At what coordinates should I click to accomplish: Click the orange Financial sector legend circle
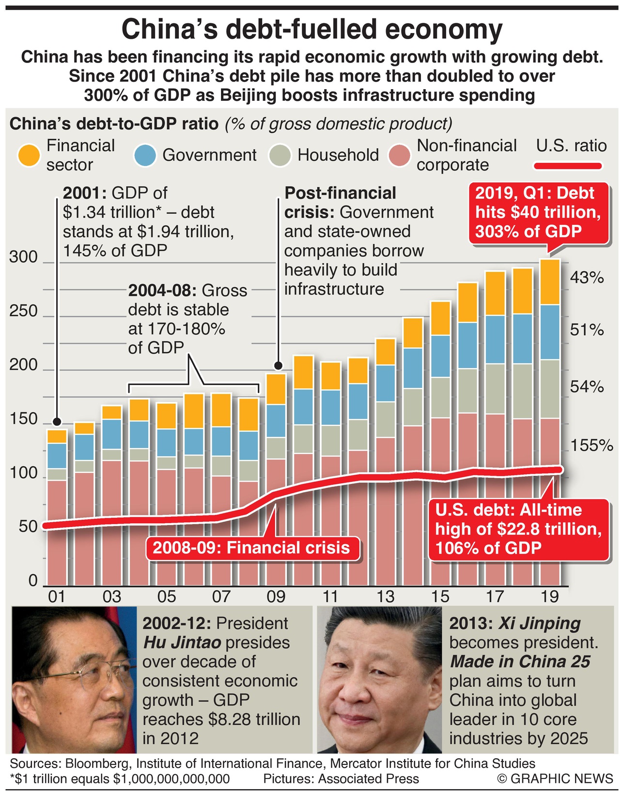(29, 156)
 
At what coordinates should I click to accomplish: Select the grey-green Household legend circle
(280, 156)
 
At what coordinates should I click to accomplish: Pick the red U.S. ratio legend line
(567, 166)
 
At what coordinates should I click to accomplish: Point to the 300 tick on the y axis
(23, 257)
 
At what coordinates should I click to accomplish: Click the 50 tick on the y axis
(28, 527)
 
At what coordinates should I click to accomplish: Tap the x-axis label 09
(276, 596)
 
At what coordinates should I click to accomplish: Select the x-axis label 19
(550, 596)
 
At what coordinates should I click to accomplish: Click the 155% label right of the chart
(592, 445)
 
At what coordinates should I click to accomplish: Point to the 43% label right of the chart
(587, 278)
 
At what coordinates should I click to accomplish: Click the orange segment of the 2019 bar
(550, 282)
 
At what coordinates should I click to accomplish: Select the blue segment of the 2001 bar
(57, 455)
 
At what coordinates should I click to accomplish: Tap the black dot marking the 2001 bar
(57, 420)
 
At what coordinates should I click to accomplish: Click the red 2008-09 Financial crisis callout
(251, 548)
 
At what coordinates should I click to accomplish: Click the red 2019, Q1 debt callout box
(538, 212)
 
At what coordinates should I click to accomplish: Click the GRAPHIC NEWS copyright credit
(555, 778)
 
